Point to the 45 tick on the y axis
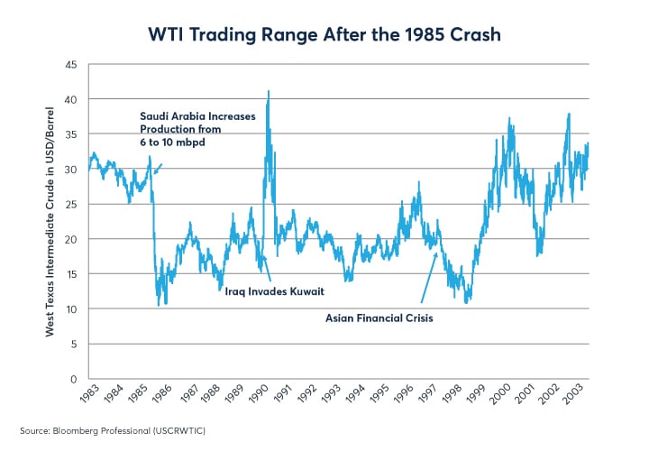[71, 65]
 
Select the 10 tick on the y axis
[71, 309]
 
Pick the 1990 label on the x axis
[260, 395]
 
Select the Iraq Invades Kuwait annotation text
[274, 293]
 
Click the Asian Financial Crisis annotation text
[379, 318]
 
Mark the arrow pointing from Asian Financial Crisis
[429, 277]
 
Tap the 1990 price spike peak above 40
[268, 91]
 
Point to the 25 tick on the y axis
[71, 205]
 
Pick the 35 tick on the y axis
[71, 134]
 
